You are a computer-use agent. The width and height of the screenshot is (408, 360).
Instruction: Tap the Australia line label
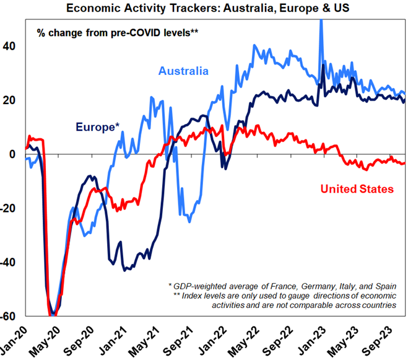click(x=183, y=71)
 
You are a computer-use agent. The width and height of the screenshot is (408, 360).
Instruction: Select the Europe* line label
click(x=98, y=128)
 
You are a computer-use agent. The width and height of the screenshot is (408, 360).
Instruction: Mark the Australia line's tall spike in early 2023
click(x=321, y=25)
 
